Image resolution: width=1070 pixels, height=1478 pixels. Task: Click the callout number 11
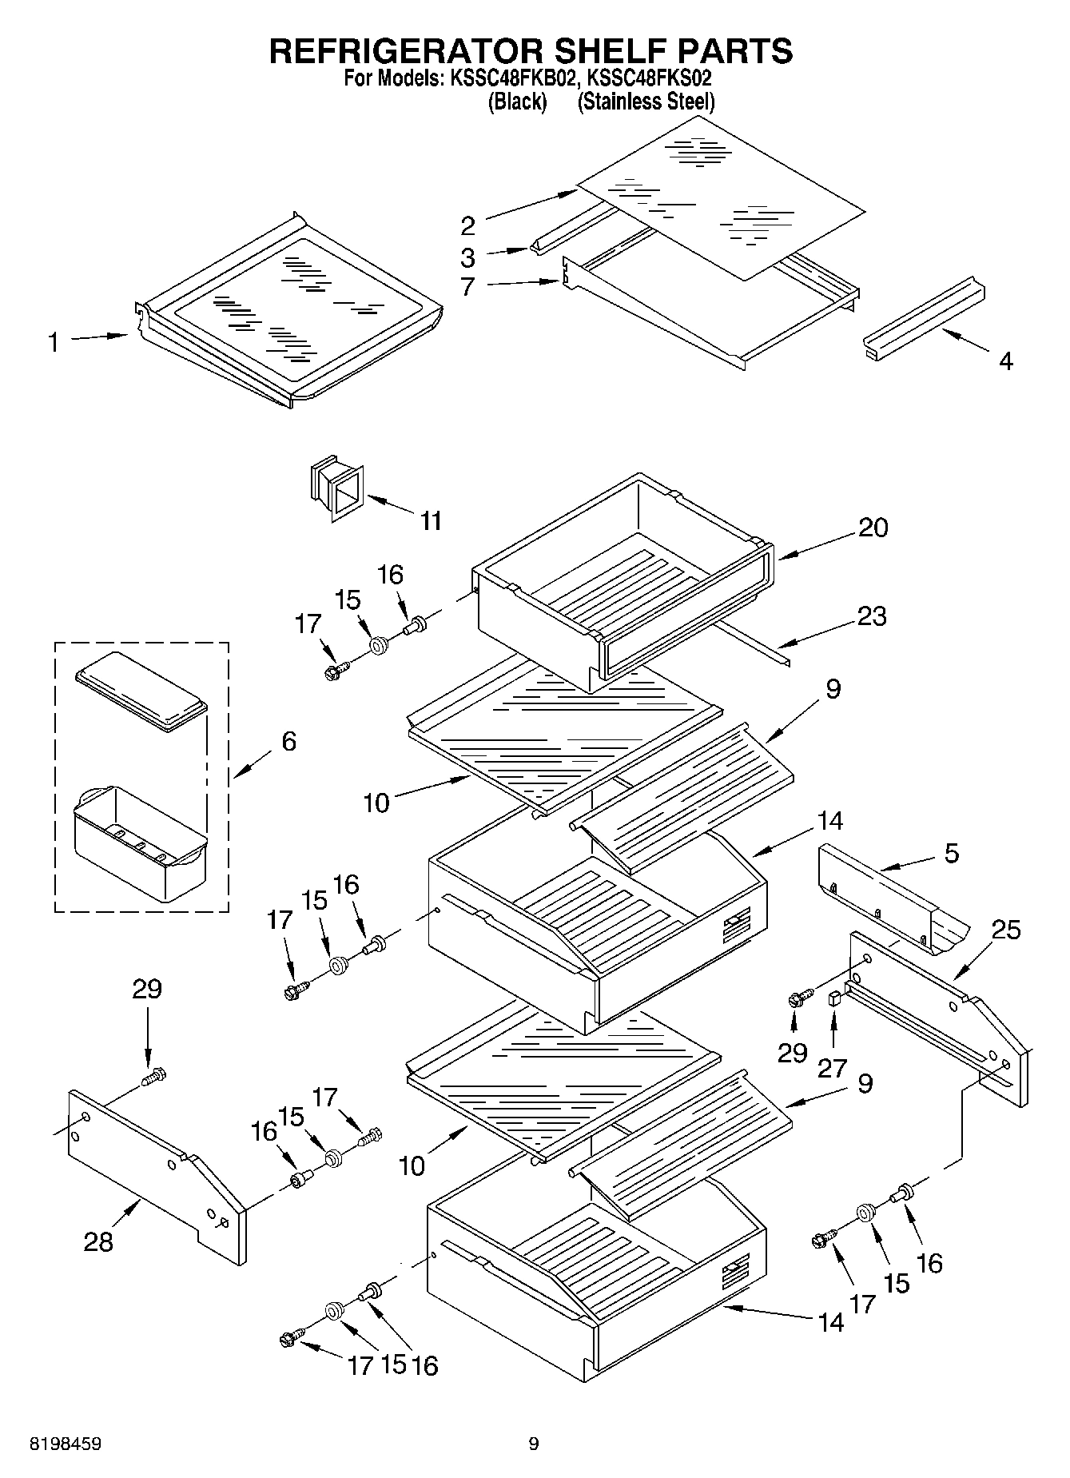click(x=431, y=521)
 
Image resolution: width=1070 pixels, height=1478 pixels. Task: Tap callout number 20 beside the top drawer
click(x=873, y=528)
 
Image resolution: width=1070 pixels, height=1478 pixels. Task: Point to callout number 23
click(x=873, y=616)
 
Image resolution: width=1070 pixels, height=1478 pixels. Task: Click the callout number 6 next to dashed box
click(x=288, y=741)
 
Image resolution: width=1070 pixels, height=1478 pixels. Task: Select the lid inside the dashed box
click(x=141, y=691)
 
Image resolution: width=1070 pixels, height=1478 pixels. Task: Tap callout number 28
click(x=98, y=1241)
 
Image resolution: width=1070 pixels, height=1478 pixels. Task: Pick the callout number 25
click(x=1006, y=930)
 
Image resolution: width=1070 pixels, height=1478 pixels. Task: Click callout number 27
click(x=833, y=1068)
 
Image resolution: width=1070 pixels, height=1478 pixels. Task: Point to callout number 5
click(x=951, y=853)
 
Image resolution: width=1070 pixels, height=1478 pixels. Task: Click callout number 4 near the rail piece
click(x=1006, y=361)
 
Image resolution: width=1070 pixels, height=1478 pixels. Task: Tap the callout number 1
click(x=53, y=343)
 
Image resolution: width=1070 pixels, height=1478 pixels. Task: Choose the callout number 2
click(x=468, y=226)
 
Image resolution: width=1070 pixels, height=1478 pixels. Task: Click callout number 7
click(x=468, y=286)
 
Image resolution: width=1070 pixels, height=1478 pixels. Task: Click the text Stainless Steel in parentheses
click(x=646, y=102)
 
